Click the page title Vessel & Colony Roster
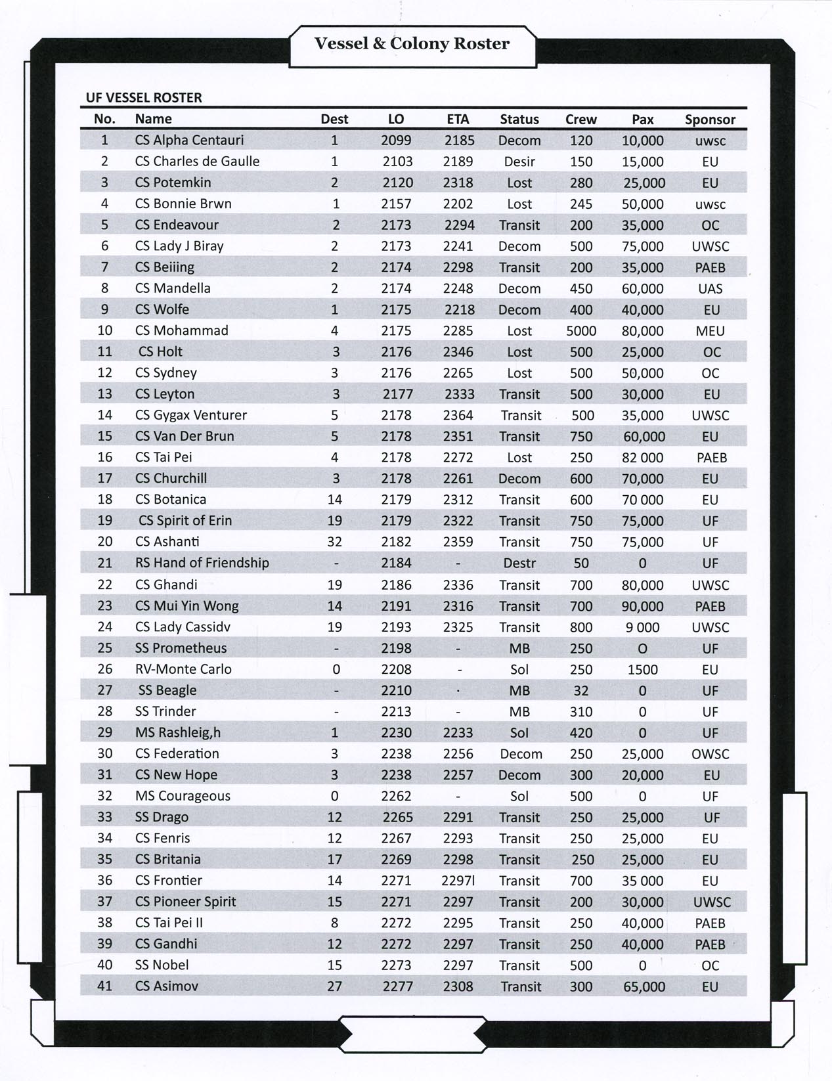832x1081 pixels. pyautogui.click(x=412, y=44)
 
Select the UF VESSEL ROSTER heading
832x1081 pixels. pyautogui.click(x=144, y=98)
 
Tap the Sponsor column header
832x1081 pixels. pyautogui.click(x=710, y=120)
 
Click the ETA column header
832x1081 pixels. pyautogui.click(x=458, y=120)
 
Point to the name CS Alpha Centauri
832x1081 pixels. pyautogui.click(x=189, y=140)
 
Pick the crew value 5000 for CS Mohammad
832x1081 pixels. pyautogui.click(x=581, y=330)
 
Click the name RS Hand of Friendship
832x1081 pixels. pyautogui.click(x=202, y=563)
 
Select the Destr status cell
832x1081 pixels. pyautogui.click(x=519, y=563)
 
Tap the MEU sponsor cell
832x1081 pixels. pyautogui.click(x=710, y=330)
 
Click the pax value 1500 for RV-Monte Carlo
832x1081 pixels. pyautogui.click(x=642, y=669)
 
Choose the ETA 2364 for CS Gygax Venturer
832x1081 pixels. pyautogui.click(x=458, y=415)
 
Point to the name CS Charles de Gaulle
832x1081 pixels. pyautogui.click(x=197, y=161)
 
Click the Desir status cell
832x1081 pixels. pyautogui.click(x=519, y=162)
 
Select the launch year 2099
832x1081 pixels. pyautogui.click(x=396, y=140)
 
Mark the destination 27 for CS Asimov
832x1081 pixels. pyautogui.click(x=334, y=986)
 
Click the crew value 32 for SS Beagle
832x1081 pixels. pyautogui.click(x=580, y=690)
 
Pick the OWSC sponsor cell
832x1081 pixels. pyautogui.click(x=710, y=754)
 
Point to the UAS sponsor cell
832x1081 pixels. pyautogui.click(x=710, y=288)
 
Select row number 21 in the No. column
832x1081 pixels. pyautogui.click(x=105, y=563)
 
